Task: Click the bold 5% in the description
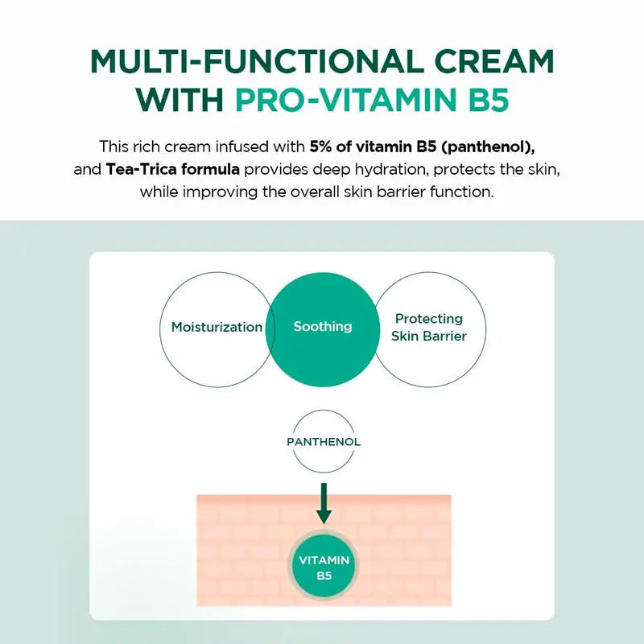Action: [x=320, y=147]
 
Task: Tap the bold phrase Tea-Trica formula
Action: [x=172, y=170]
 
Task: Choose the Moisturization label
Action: [x=217, y=327]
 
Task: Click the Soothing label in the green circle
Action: [x=323, y=327]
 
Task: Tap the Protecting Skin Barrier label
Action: [x=429, y=328]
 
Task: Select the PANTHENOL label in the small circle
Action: [x=324, y=442]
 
